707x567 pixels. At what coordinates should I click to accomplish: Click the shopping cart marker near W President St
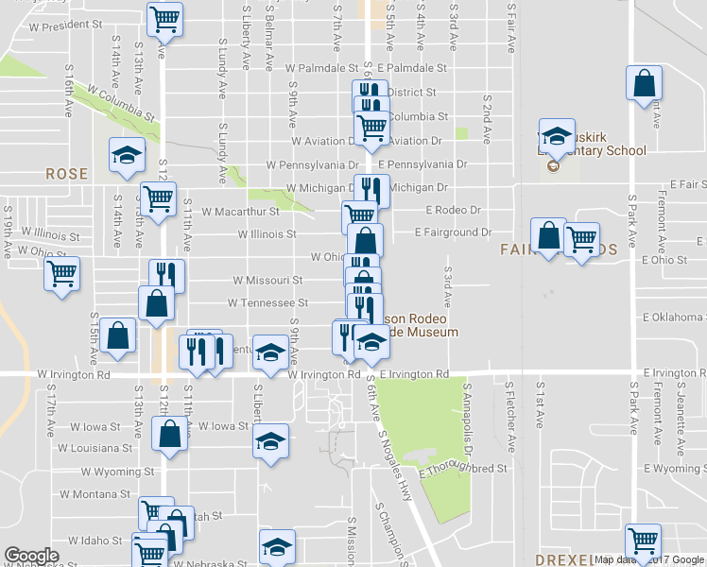(166, 18)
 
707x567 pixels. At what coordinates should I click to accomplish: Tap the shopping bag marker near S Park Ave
(645, 83)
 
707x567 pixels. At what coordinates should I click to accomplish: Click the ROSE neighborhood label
(66, 174)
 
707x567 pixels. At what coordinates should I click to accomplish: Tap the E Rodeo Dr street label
(454, 210)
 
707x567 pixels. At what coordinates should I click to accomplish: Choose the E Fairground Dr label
(455, 232)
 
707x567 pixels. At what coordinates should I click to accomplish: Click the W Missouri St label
(268, 281)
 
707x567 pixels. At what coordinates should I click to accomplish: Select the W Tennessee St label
(267, 303)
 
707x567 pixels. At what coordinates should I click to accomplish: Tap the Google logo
(31, 556)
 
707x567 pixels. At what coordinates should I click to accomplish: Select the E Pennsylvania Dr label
(423, 163)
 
